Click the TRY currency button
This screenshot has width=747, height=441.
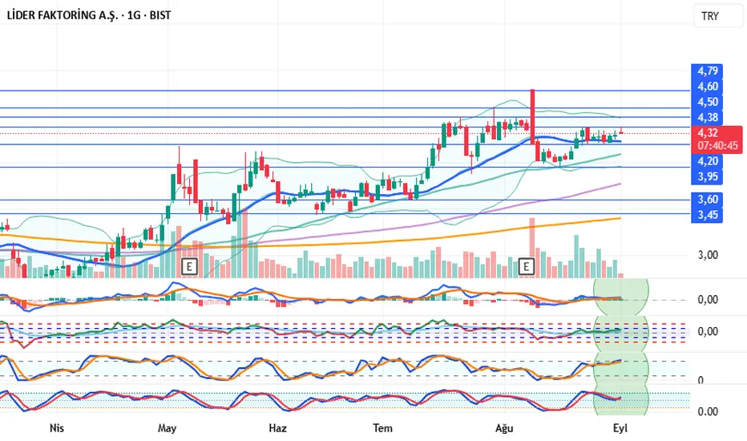pos(710,16)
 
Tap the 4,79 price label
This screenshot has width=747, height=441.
pos(708,71)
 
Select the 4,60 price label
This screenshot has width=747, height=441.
pos(708,87)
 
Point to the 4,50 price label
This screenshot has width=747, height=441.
pos(708,102)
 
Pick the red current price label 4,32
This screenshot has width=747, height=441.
pos(708,133)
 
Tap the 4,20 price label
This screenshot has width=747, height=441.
pos(708,160)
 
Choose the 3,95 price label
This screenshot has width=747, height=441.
pos(708,176)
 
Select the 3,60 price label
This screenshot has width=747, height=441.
pos(708,199)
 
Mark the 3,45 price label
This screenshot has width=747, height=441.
pos(708,214)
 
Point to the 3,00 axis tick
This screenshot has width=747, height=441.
pos(708,255)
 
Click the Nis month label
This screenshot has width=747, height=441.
pos(57,427)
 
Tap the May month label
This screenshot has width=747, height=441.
pos(167,427)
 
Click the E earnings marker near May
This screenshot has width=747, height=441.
pos(190,265)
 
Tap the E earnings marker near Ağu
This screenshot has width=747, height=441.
pos(527,265)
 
